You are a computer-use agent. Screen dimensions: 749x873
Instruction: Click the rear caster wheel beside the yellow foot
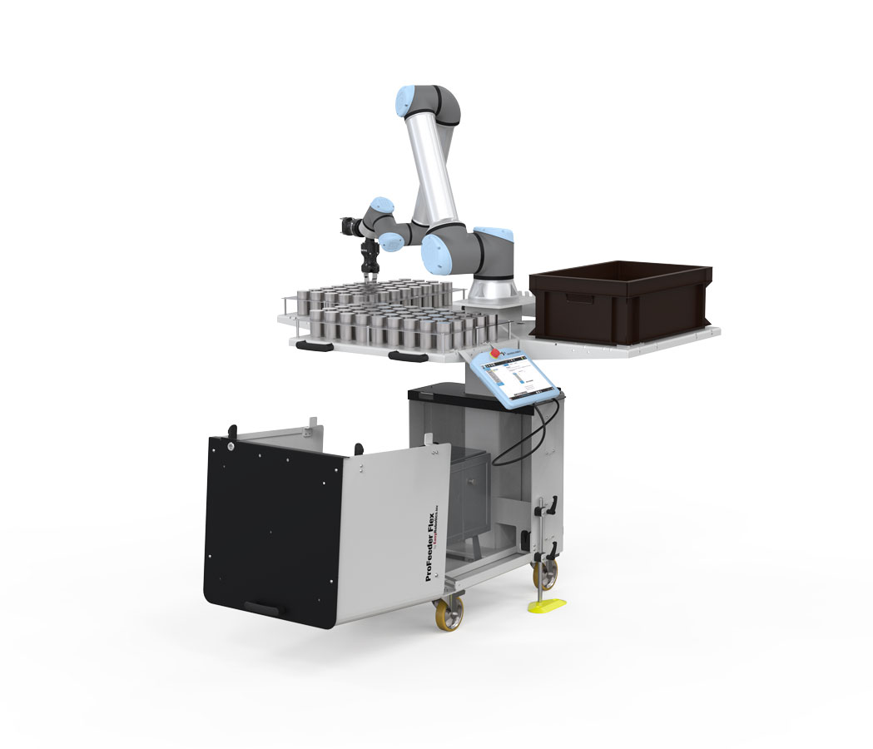[x=545, y=573]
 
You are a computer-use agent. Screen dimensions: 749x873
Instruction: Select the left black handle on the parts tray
[x=313, y=344]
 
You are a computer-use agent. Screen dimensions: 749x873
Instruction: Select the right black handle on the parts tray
[x=407, y=357]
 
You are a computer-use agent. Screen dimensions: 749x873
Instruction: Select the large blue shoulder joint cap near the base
[x=438, y=254]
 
